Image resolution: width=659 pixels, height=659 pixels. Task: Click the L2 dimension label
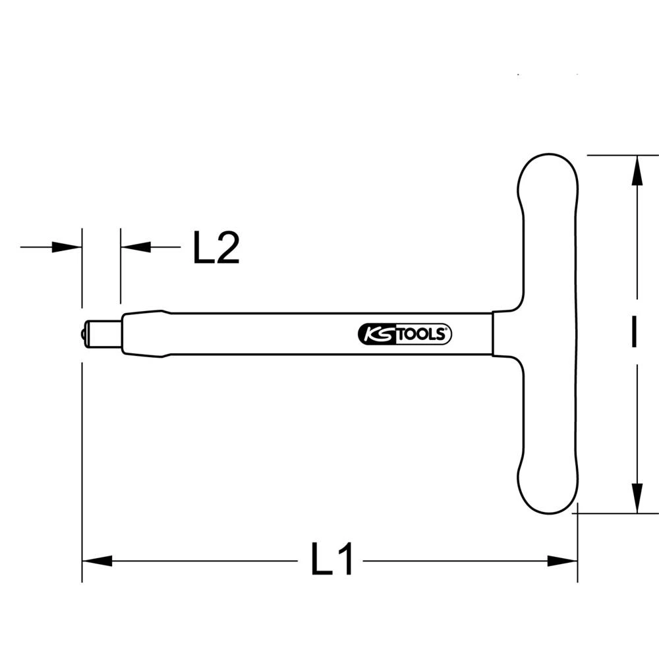(216, 248)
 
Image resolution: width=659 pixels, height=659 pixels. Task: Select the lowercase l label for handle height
(633, 333)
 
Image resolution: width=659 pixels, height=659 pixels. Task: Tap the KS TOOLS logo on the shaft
(405, 335)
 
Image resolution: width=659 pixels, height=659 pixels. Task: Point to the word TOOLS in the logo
(422, 335)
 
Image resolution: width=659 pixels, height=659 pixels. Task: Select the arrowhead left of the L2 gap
(67, 247)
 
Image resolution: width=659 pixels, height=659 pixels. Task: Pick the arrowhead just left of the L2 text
(136, 247)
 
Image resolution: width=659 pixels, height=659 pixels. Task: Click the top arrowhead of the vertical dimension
(637, 171)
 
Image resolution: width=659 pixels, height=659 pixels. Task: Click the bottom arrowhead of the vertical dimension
(637, 497)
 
